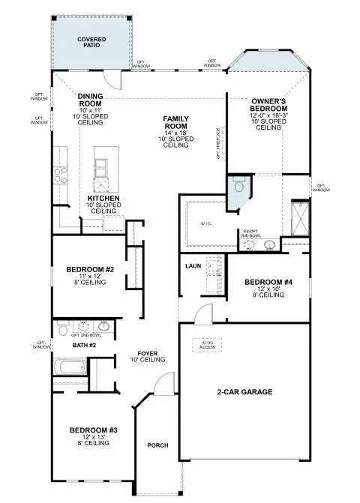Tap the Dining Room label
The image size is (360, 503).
(90, 100)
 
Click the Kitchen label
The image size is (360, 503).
(103, 199)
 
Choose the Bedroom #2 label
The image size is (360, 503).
(90, 269)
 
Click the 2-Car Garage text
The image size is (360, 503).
(245, 392)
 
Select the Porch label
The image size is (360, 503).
(157, 446)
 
